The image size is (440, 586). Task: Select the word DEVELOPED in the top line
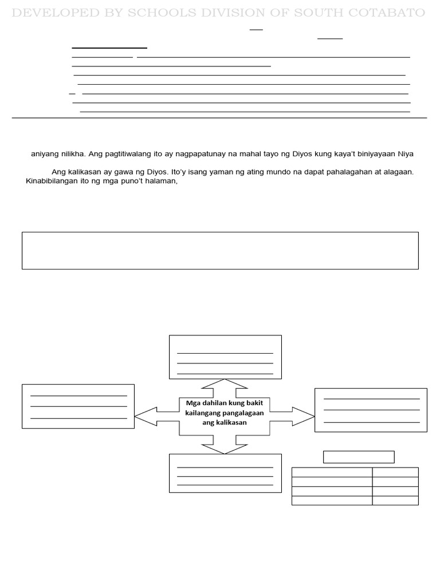pyautogui.click(x=58, y=13)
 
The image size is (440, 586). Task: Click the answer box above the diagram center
pyautogui.click(x=225, y=357)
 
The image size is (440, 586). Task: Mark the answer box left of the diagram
pyautogui.click(x=78, y=406)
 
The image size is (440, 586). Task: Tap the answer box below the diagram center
pyautogui.click(x=225, y=473)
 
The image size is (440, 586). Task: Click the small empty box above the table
pyautogui.click(x=359, y=457)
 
